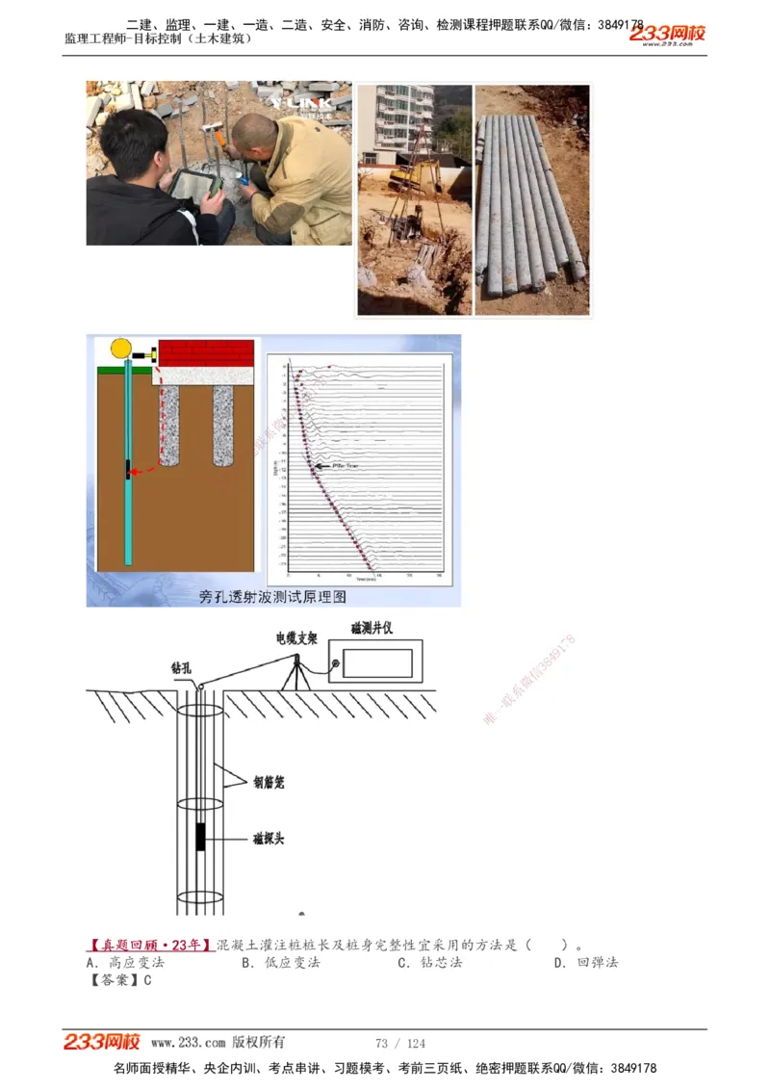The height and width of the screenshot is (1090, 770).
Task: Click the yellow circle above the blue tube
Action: coord(121,349)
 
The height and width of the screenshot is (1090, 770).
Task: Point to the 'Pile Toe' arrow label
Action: coord(345,464)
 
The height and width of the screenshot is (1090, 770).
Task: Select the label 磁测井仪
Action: coord(371,629)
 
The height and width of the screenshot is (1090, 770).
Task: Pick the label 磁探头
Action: coord(268,839)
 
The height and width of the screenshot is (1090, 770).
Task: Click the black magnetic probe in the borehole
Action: coord(199,837)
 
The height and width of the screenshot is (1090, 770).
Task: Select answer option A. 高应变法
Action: coord(125,962)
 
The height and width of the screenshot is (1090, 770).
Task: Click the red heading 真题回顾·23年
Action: coord(150,945)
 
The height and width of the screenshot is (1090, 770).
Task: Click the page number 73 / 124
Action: coord(399,1043)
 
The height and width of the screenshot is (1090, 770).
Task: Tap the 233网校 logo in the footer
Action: coord(102,1042)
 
